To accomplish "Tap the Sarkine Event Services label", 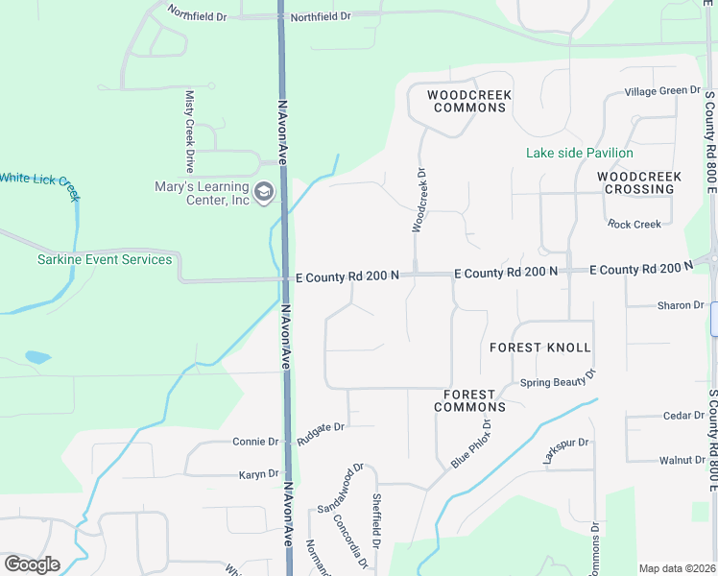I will click(x=91, y=259).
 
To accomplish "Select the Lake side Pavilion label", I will click(x=579, y=153).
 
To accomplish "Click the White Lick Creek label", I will click(x=38, y=180).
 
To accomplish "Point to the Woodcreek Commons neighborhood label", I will click(x=469, y=101).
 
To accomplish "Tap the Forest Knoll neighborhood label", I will click(x=539, y=347).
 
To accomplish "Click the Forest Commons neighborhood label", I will click(x=469, y=400).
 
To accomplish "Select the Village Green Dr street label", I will click(x=662, y=90).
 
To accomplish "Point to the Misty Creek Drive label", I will click(x=190, y=132).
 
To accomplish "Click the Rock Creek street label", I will click(x=634, y=224).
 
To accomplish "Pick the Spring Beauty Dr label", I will click(x=558, y=380).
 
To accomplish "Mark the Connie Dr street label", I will click(x=255, y=442).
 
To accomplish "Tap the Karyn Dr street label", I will click(x=257, y=473).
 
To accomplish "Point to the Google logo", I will click(x=33, y=564).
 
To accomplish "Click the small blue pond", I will click(x=36, y=357).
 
